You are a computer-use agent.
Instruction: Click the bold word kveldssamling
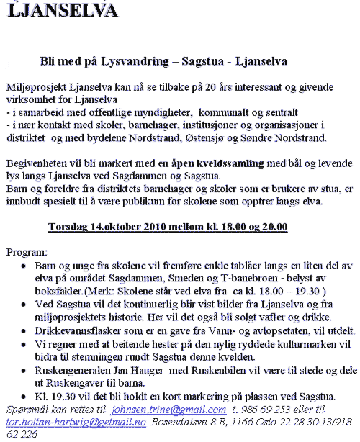(223, 163)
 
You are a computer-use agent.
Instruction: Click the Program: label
(27, 253)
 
